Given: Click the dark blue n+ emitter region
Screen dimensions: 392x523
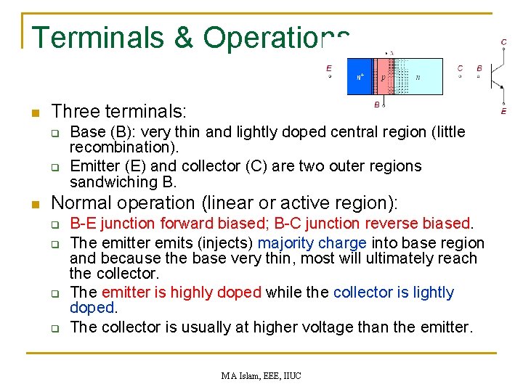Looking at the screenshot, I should [x=360, y=76].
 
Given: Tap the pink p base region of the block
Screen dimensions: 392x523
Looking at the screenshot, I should [x=382, y=76].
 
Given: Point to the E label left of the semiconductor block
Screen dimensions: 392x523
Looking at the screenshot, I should [x=329, y=68].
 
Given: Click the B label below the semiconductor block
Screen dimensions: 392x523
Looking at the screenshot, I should [x=377, y=105].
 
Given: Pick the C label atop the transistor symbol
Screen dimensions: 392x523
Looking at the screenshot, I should [x=504, y=43].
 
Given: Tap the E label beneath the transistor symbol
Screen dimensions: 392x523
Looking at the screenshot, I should [x=504, y=111].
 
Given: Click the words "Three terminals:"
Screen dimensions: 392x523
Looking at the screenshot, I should [x=119, y=112].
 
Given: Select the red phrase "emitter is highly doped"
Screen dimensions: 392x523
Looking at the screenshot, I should [x=182, y=293].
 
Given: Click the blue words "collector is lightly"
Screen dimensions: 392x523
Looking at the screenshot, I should [x=393, y=293].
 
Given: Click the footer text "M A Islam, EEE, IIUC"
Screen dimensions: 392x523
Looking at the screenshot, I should [x=261, y=375].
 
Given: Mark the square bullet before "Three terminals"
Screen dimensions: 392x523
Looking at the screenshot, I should [x=34, y=113].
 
